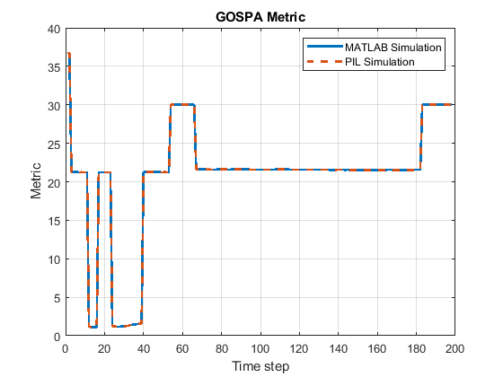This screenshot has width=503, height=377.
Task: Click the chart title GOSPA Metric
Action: pyautogui.click(x=260, y=16)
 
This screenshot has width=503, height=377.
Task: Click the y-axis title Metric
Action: pyautogui.click(x=36, y=182)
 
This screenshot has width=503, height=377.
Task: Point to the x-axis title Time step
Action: pyautogui.click(x=260, y=366)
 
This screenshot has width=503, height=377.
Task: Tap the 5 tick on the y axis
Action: pyautogui.click(x=56, y=298)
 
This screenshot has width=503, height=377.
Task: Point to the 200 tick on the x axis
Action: pyautogui.click(x=454, y=348)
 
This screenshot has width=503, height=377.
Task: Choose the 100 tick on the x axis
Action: pyautogui.click(x=260, y=348)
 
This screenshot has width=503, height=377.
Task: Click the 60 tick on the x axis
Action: pyautogui.click(x=182, y=348)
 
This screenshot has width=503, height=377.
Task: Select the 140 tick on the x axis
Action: pyautogui.click(x=338, y=348)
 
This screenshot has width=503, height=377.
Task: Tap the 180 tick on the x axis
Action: pyautogui.click(x=416, y=348)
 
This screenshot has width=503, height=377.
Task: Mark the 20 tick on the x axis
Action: pyautogui.click(x=104, y=348)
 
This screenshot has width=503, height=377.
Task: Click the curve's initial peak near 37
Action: pyautogui.click(x=68, y=54)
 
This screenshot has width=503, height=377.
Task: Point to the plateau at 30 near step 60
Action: pyautogui.click(x=182, y=105)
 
